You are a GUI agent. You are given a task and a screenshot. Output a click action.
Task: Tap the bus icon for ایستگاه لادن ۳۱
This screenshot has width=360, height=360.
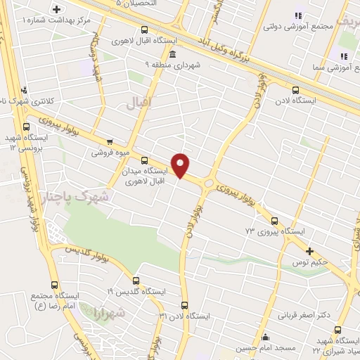(x=185, y=305)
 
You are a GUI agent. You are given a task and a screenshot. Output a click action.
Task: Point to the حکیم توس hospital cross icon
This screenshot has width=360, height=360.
(x=309, y=251)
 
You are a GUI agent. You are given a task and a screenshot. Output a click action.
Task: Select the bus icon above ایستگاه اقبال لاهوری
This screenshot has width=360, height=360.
(x=145, y=30)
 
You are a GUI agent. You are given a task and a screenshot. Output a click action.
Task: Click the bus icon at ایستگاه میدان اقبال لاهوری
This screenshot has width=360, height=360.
(x=145, y=160)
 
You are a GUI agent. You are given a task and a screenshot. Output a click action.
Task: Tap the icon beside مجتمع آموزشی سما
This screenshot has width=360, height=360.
(x=344, y=56)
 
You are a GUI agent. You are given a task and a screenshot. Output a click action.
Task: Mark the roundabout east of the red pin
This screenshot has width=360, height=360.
(x=209, y=183)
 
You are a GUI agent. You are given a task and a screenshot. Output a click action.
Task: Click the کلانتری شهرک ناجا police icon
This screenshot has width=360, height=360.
(x=25, y=89)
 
